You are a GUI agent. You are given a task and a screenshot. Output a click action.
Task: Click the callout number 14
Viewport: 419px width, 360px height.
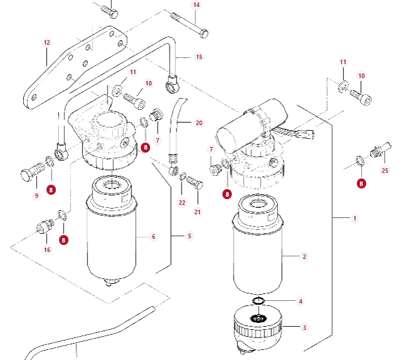(196, 5)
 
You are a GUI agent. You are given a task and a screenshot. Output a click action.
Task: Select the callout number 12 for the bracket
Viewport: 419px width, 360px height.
(46, 43)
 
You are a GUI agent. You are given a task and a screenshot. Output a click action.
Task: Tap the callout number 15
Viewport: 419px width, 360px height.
(199, 57)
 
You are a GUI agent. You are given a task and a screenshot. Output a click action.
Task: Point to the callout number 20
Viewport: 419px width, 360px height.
(199, 123)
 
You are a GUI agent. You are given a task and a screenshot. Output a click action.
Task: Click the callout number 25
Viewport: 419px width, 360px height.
(384, 170)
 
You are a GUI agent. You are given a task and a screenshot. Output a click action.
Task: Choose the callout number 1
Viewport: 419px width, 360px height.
(354, 219)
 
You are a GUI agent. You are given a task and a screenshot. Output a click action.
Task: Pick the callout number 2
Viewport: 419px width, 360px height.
(305, 256)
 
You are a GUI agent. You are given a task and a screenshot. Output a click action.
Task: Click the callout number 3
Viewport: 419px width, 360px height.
(305, 327)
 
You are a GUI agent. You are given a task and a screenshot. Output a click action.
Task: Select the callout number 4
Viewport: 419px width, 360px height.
(300, 302)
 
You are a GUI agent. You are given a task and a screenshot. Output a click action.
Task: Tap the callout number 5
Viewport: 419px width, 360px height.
(189, 236)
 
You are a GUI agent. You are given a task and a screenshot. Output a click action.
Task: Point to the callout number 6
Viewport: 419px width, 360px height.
(153, 236)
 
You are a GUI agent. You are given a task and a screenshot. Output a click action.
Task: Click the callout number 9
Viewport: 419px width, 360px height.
(36, 195)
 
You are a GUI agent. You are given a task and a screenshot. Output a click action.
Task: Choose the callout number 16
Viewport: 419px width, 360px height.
(47, 249)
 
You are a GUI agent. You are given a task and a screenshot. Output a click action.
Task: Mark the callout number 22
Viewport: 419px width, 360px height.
(182, 202)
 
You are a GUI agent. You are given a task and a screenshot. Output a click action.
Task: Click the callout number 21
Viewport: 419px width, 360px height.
(197, 212)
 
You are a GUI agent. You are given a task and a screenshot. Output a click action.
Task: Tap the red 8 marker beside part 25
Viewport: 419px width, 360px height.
(361, 183)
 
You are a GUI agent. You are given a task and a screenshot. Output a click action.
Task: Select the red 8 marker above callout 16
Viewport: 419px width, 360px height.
(63, 240)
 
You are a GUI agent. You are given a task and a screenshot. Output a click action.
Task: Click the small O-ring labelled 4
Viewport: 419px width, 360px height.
(258, 301)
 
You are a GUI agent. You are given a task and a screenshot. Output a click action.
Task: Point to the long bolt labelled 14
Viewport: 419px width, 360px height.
(190, 25)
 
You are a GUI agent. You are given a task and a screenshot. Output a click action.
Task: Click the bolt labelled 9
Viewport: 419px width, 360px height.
(33, 172)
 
